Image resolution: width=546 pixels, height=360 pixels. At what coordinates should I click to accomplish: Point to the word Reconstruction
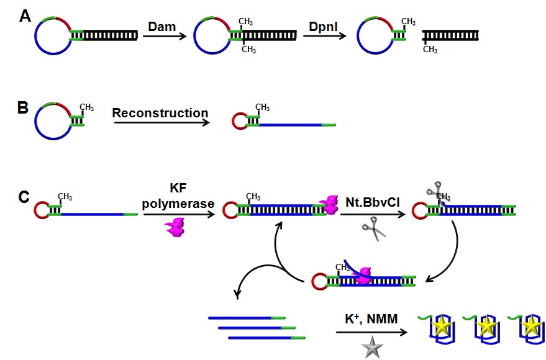pyautogui.click(x=160, y=114)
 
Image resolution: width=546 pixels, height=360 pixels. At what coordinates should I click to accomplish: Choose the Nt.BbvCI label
pyautogui.click(x=368, y=202)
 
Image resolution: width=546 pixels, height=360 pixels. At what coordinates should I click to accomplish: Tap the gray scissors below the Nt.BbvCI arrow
pyautogui.click(x=373, y=229)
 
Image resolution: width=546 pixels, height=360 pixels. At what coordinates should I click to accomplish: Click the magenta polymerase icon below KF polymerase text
pyautogui.click(x=176, y=227)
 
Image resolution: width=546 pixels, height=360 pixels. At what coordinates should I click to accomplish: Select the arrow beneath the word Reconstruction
pyautogui.click(x=160, y=124)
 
